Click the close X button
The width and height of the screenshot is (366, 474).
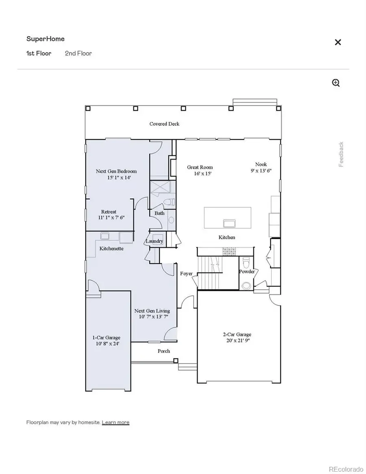[x=338, y=42]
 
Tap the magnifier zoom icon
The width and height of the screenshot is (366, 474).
[x=336, y=83]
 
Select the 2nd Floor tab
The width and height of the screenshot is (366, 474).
[x=78, y=53]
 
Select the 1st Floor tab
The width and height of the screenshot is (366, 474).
[x=39, y=53]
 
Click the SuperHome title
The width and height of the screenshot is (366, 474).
[x=46, y=39]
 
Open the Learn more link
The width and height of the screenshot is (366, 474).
[x=115, y=422]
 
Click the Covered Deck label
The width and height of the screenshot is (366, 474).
[x=164, y=124]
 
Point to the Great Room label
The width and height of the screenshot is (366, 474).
[x=200, y=167]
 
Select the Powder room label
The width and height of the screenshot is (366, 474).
[x=247, y=271]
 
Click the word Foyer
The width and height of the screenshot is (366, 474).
[x=186, y=273]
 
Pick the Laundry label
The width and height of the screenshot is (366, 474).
[x=154, y=241]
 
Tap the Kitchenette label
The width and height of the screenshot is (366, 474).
[x=111, y=248]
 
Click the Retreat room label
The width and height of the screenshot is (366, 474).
[x=109, y=212]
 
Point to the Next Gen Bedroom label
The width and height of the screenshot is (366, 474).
[x=116, y=171]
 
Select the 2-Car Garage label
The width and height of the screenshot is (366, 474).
[x=239, y=334]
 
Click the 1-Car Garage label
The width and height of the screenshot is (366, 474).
[x=106, y=338]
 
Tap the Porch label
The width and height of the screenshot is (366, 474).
[x=164, y=351]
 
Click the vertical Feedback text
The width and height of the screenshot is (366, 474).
[x=341, y=154]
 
